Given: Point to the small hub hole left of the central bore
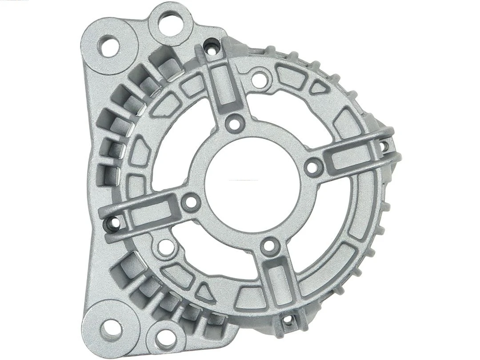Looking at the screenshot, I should [x=190, y=203].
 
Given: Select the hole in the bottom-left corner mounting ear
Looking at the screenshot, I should [x=109, y=330].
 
